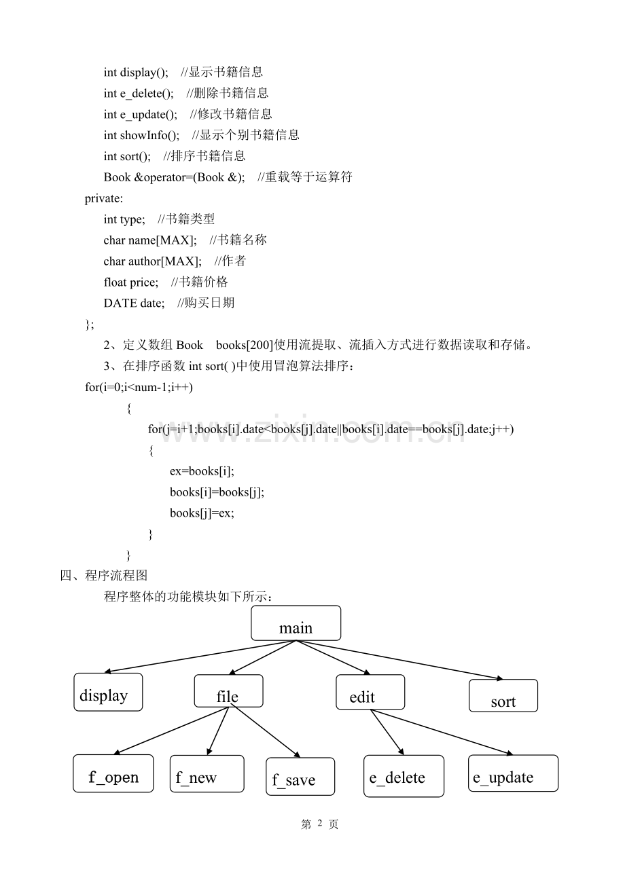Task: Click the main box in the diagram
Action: tap(296, 623)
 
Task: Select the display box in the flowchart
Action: tap(108, 693)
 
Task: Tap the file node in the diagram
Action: tap(229, 691)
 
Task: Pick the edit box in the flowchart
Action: tap(370, 693)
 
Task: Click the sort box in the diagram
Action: tap(503, 696)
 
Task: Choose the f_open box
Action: tap(113, 773)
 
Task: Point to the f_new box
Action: tap(207, 774)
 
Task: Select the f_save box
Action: tap(300, 777)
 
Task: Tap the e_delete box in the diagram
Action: tap(404, 776)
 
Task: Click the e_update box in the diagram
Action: tap(514, 773)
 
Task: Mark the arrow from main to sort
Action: tap(399, 660)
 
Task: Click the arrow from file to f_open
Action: tap(171, 731)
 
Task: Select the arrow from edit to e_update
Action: tap(442, 733)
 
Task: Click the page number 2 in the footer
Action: tap(320, 823)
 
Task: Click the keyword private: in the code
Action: tap(104, 198)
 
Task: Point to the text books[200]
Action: tap(245, 346)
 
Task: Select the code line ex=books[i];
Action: tap(202, 471)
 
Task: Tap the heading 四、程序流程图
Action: tap(104, 575)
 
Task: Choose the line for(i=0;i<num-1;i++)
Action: tap(139, 387)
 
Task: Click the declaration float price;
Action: tap(131, 282)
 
